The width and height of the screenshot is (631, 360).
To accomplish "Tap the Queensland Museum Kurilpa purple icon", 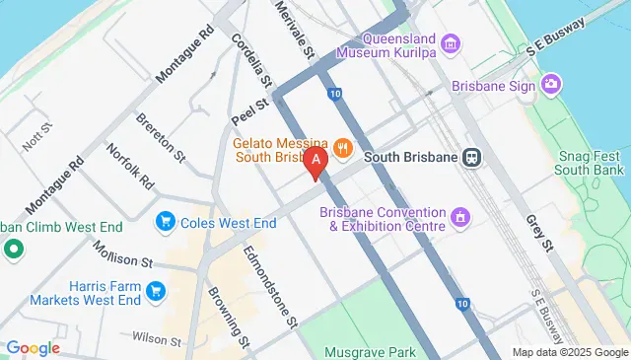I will (451, 42).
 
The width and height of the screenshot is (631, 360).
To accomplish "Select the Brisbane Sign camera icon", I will (552, 86).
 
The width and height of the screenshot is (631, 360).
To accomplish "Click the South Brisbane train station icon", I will (473, 157).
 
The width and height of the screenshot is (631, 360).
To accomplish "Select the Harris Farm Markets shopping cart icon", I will (155, 290).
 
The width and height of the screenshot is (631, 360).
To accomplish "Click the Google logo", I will (34, 347).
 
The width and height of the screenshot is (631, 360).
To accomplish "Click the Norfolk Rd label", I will (131, 168).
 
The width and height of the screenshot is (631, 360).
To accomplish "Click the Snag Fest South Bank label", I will (588, 164).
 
